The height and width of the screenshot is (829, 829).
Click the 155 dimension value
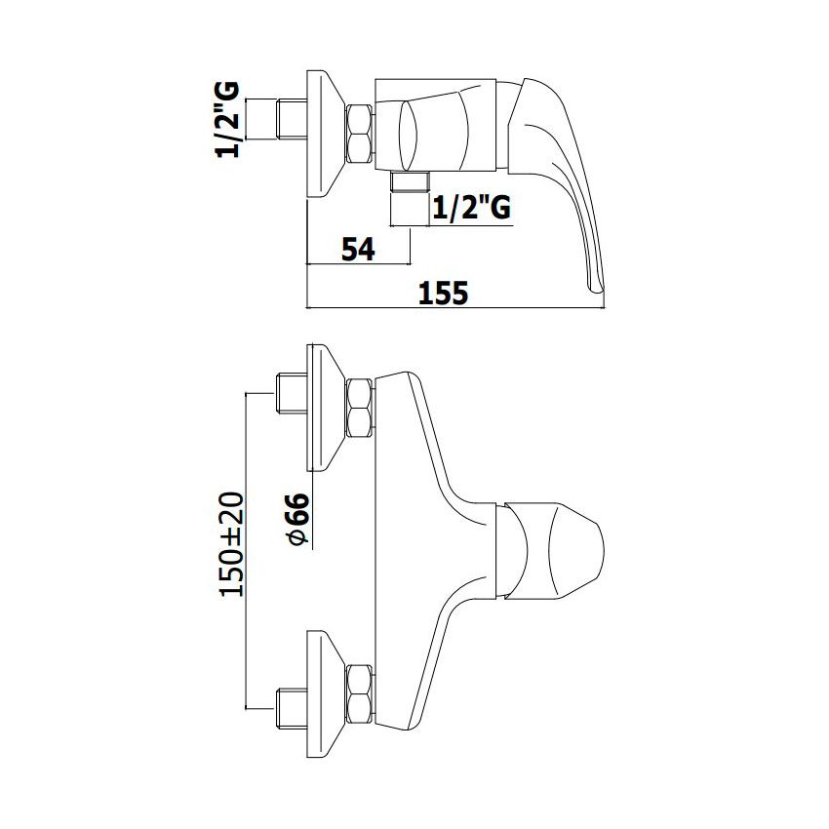(443, 293)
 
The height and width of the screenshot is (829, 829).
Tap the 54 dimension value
(358, 249)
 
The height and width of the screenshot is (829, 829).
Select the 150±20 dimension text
(231, 544)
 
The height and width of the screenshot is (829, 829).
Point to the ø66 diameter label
(296, 519)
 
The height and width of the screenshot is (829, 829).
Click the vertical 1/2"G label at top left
(228, 120)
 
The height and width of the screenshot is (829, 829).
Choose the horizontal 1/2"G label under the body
(472, 208)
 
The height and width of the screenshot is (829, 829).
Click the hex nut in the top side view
(360, 134)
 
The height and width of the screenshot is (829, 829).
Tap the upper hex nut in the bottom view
(360, 408)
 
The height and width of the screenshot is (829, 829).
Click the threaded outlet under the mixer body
(410, 181)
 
